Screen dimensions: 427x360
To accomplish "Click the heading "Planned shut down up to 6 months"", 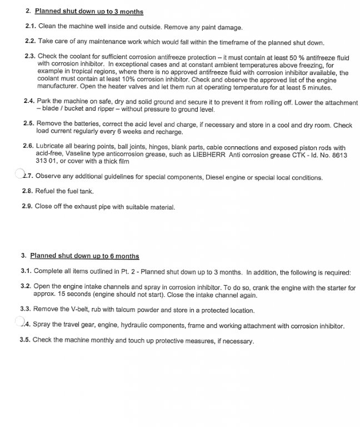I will (84, 256).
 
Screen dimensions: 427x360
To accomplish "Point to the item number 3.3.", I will (26, 309).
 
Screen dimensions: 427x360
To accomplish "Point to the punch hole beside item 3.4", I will (20, 322).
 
